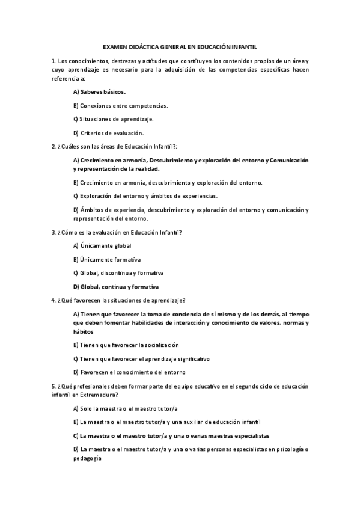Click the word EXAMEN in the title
point(114,46)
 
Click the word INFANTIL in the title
point(243,46)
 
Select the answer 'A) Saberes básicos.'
point(99,92)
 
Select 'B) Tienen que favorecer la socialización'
point(126,345)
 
